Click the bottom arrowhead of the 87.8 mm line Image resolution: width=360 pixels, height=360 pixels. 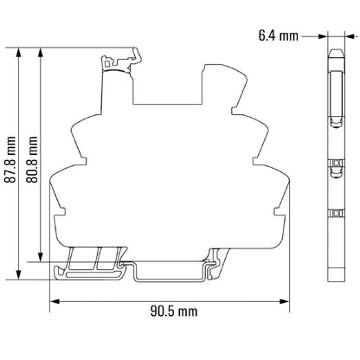point(18,276)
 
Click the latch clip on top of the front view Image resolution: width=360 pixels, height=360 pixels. point(118,61)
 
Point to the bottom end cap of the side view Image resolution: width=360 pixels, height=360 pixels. point(334,275)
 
